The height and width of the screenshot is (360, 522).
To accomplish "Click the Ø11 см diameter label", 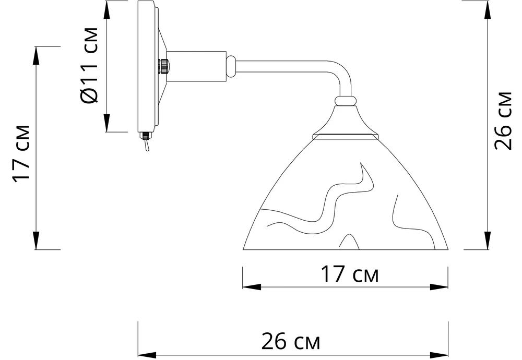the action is [90, 65].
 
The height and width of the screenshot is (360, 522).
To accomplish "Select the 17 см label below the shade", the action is [349, 274].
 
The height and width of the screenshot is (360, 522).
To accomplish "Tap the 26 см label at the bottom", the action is [291, 341].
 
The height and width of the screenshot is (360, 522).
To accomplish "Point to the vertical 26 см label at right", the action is [503, 121].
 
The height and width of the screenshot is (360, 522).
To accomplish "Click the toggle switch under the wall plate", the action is [146, 141].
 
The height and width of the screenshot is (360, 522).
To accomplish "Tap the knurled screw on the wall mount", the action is [164, 67].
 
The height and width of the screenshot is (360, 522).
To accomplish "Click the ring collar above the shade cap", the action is [346, 101].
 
